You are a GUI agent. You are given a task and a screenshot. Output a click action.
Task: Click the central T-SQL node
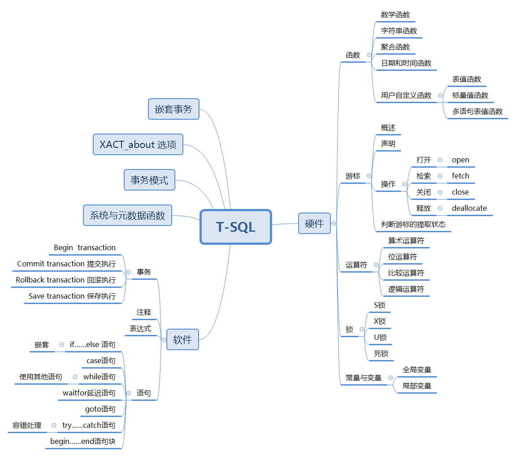pyautogui.click(x=236, y=227)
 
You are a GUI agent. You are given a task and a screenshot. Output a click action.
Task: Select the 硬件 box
pyautogui.click(x=314, y=223)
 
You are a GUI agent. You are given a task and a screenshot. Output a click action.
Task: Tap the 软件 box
pyautogui.click(x=182, y=339)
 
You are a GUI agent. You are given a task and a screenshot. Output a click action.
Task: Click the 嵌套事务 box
pyautogui.click(x=173, y=109)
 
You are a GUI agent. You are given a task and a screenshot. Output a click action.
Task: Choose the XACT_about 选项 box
pyautogui.click(x=138, y=144)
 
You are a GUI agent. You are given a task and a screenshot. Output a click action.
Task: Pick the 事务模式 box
pyautogui.click(x=149, y=180)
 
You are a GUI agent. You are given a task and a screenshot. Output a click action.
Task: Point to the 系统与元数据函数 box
pyautogui.click(x=127, y=215)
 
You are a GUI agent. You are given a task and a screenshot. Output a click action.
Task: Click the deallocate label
pyautogui.click(x=469, y=208)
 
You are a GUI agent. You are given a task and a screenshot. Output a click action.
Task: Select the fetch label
pyautogui.click(x=460, y=176)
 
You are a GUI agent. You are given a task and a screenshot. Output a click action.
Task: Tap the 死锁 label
pyautogui.click(x=381, y=353)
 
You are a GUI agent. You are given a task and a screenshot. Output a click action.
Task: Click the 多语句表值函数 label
pyautogui.click(x=477, y=111)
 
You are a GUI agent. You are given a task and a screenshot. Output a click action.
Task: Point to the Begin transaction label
pyautogui.click(x=85, y=248)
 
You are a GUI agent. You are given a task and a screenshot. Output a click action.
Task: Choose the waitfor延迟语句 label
pyautogui.click(x=89, y=393)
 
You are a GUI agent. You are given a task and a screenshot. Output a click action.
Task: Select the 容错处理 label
pyautogui.click(x=27, y=425)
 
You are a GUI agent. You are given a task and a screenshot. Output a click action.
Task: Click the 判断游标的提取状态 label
pyautogui.click(x=413, y=224)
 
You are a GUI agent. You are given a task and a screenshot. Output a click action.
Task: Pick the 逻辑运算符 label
pyautogui.click(x=406, y=289)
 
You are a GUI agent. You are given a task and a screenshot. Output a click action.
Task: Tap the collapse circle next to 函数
pyautogui.click(x=369, y=55)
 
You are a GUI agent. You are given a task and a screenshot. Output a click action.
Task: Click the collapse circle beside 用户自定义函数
pyautogui.click(x=440, y=95)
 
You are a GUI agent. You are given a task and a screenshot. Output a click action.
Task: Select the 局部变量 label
pyautogui.click(x=417, y=386)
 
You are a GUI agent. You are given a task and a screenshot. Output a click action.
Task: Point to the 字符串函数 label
pyautogui.click(x=399, y=30)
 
